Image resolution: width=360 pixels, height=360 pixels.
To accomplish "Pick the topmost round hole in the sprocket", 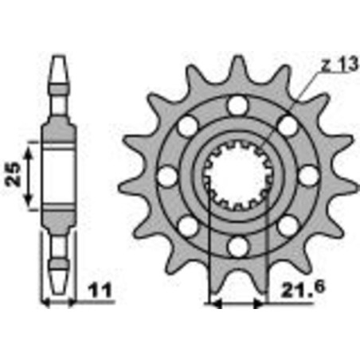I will tap(235, 104).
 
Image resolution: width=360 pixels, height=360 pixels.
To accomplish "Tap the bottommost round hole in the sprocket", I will tap(236, 245).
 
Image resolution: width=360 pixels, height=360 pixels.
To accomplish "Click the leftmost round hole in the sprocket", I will tap(167, 174).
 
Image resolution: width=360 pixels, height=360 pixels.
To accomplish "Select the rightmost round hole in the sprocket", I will tap(306, 174).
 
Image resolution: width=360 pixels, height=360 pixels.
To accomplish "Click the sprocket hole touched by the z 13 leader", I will tap(286, 124).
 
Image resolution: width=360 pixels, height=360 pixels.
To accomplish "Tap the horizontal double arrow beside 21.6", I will tap(236, 303).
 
